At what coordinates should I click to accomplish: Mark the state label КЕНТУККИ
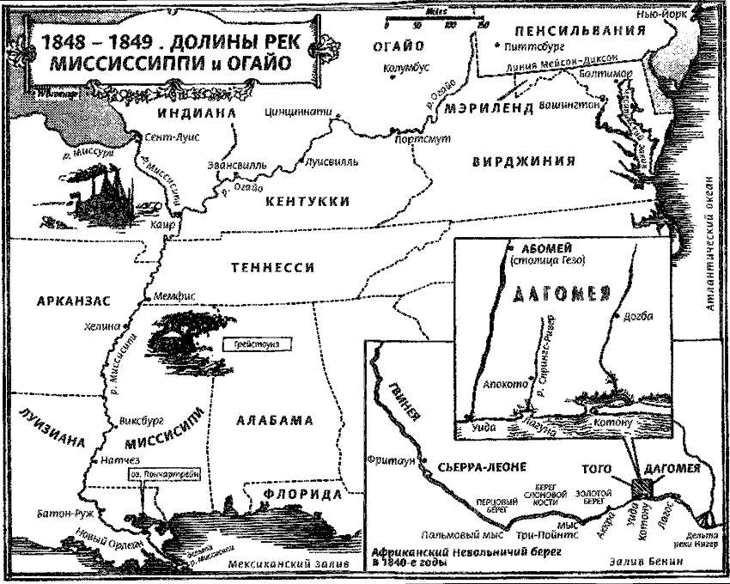pos(307,201)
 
